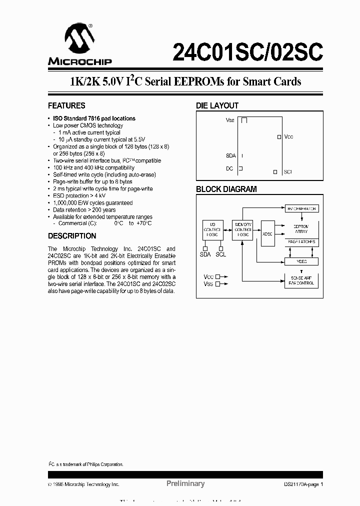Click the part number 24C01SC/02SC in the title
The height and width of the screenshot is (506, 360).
pos(247,51)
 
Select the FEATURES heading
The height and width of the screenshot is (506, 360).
pos(66,106)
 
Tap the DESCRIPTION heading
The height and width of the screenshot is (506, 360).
pos(72,236)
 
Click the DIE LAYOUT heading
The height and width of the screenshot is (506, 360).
pos(217,106)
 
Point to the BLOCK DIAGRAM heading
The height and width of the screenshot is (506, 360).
pos(226,189)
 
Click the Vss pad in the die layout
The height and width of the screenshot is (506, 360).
pos(244,120)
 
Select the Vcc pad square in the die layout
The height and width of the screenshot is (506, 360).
pos(279,136)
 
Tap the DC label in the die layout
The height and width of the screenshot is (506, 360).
pos(229,169)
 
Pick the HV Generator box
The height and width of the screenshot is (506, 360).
pos(301,208)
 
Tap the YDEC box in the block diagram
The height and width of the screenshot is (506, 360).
pos(301,261)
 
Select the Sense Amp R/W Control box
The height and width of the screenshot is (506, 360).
pos(301,280)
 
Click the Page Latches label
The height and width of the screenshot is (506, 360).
pos(301,242)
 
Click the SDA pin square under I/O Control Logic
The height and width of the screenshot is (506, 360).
pos(205,247)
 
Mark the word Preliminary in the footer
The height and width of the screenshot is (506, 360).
pos(185,483)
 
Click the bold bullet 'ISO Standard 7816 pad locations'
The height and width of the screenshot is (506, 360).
pos(94,118)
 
